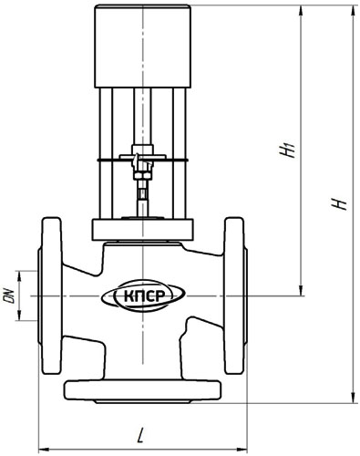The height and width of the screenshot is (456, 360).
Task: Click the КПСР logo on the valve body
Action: click(x=143, y=295)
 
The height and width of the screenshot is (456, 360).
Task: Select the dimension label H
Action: click(x=339, y=203)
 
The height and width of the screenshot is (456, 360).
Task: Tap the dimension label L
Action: click(x=140, y=435)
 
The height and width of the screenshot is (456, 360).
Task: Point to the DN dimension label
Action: click(x=9, y=295)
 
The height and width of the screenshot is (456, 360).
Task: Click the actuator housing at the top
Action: click(x=143, y=47)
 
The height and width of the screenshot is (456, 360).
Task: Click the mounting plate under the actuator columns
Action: click(x=142, y=229)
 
